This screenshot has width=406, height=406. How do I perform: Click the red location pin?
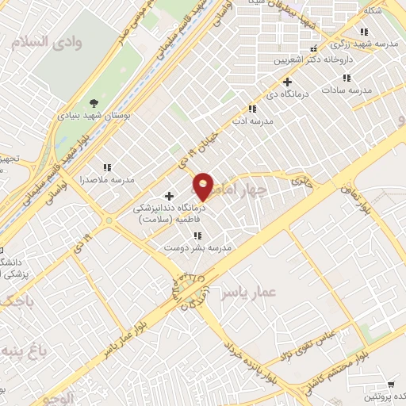[204, 186]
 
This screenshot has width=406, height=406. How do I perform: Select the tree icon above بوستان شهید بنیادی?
[94, 103]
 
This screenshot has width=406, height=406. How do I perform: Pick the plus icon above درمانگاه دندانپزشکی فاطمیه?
[169, 195]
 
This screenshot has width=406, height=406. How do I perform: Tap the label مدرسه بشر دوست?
[197, 248]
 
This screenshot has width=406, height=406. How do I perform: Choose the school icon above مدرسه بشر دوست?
[197, 236]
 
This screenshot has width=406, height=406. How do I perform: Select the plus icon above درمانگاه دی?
[288, 82]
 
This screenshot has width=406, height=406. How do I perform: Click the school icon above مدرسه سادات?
[346, 78]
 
